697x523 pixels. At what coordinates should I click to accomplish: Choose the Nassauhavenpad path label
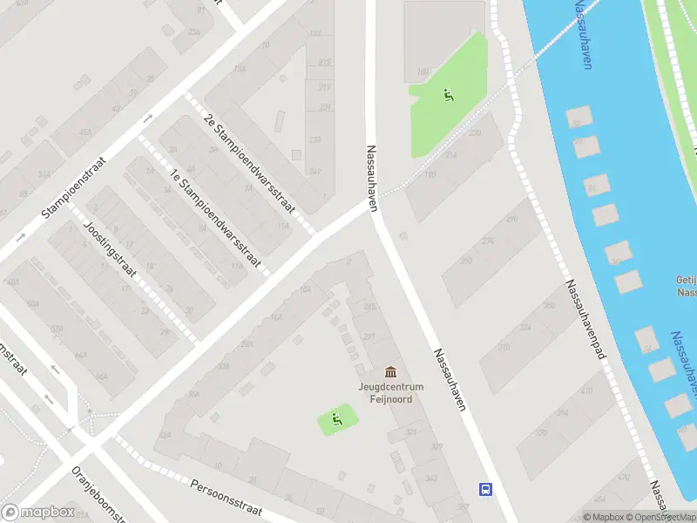pos(585,322)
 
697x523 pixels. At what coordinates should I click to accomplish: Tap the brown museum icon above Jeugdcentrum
pos(389,372)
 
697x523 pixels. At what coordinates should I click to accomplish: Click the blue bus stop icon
pos(484,489)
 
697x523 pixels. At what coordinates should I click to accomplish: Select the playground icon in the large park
pos(449,95)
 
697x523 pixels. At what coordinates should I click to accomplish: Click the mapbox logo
pos(37,513)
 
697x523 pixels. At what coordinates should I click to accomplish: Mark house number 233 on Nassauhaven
pos(315,139)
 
